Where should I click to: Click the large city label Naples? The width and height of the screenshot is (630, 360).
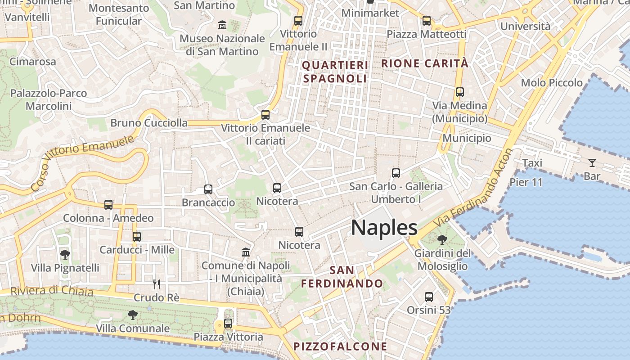pyautogui.click(x=384, y=228)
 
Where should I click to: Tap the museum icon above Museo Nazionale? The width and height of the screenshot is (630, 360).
pyautogui.click(x=222, y=25)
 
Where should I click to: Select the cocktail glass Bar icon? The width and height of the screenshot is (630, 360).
pyautogui.click(x=592, y=163)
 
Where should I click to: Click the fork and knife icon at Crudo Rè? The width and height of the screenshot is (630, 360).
pyautogui.click(x=156, y=284)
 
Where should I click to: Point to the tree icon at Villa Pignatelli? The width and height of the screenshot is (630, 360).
pyautogui.click(x=65, y=255)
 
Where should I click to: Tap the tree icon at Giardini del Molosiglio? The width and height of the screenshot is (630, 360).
pyautogui.click(x=442, y=239)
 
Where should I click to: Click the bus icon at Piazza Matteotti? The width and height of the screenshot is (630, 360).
pyautogui.click(x=427, y=21)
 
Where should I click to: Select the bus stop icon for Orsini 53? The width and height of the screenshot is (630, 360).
pyautogui.click(x=429, y=297)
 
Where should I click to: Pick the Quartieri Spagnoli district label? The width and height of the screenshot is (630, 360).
pyautogui.click(x=335, y=72)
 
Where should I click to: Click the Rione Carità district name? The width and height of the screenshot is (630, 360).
pyautogui.click(x=425, y=63)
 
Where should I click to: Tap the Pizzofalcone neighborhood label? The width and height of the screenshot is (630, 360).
pyautogui.click(x=340, y=346)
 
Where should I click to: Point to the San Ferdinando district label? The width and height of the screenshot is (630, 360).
pyautogui.click(x=342, y=277)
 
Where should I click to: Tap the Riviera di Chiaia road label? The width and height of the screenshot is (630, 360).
pyautogui.click(x=52, y=291)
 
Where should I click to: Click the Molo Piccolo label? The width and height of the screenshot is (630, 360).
pyautogui.click(x=551, y=83)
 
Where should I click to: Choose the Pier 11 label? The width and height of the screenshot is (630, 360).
pyautogui.click(x=526, y=182)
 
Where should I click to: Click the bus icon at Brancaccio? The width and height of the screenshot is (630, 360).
pyautogui.click(x=208, y=189)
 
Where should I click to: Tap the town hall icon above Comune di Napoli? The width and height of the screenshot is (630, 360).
pyautogui.click(x=246, y=252)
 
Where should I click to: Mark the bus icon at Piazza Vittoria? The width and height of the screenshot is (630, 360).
pyautogui.click(x=228, y=324)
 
